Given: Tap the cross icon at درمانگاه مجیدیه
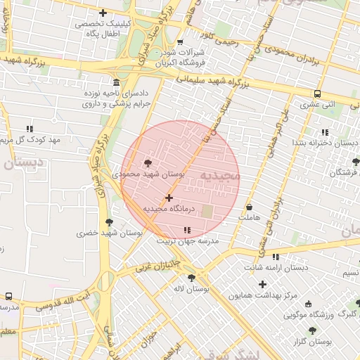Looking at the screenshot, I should (169, 198).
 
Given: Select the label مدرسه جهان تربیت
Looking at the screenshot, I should (188, 240).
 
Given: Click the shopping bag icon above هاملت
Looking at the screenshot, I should (250, 207).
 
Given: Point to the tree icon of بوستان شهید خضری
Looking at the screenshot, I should (108, 223).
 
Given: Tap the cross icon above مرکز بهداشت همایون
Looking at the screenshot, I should (263, 285).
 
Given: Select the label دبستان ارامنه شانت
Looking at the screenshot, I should (275, 268).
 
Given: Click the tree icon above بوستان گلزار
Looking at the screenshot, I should (312, 330).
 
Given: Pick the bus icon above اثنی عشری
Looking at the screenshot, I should (318, 94).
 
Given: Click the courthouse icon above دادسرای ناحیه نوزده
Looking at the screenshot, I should (116, 82).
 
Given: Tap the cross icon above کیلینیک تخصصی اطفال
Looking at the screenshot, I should (103, 13).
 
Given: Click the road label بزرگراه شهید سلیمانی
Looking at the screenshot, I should (205, 87).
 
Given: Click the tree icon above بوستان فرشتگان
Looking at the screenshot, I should (355, 162).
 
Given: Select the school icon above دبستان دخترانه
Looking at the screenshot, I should (324, 132).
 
